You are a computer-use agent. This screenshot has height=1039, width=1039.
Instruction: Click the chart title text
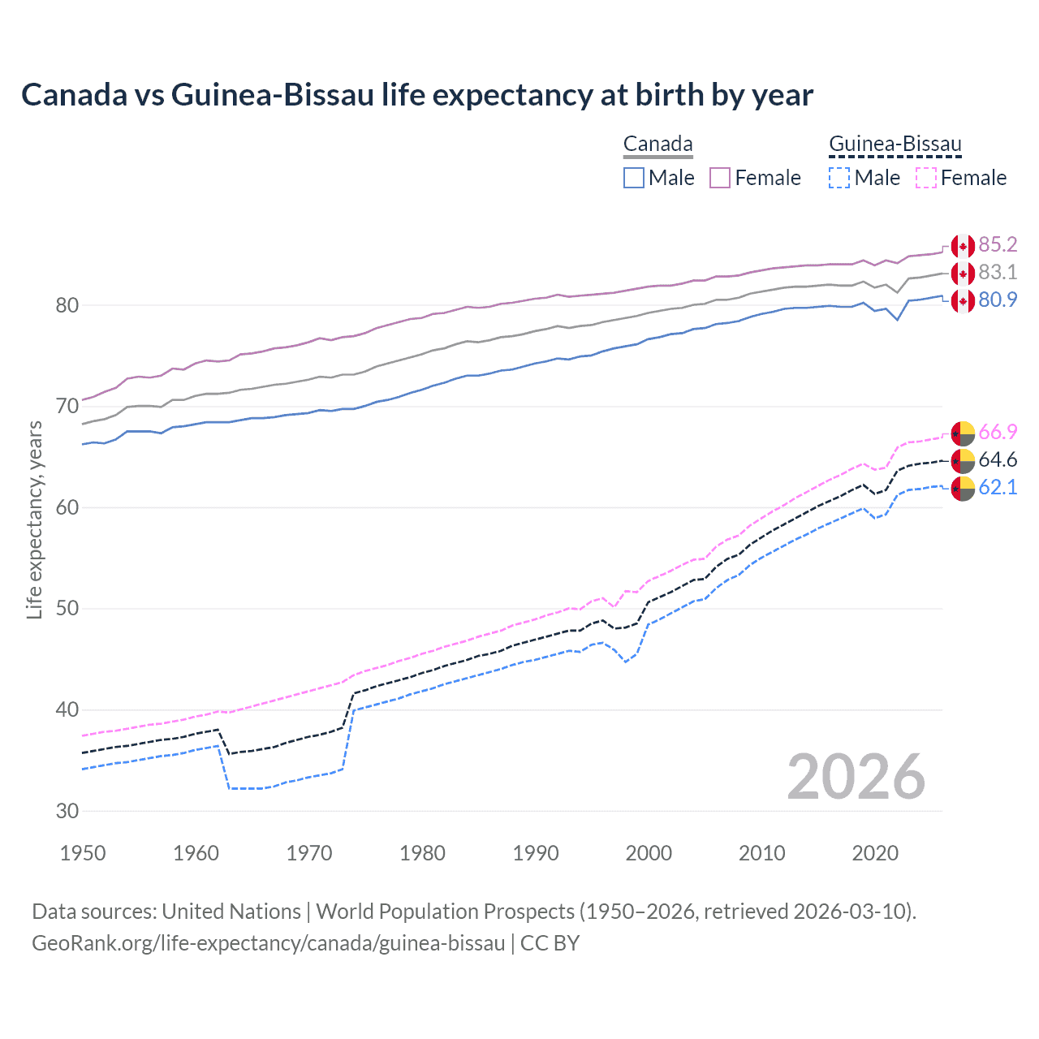(x=417, y=95)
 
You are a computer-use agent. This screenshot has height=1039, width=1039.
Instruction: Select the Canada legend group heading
(x=657, y=144)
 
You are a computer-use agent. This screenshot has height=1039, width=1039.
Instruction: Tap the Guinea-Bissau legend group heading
(x=895, y=144)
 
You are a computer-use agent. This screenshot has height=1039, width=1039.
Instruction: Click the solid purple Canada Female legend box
(x=720, y=178)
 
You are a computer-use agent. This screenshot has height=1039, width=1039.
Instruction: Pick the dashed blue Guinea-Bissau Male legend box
(x=839, y=178)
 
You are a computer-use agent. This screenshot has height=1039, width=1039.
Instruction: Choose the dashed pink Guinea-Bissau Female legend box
(x=926, y=178)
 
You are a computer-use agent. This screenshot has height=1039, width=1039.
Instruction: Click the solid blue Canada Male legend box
(x=634, y=178)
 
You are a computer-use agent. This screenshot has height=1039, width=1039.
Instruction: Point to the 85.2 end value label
(x=998, y=245)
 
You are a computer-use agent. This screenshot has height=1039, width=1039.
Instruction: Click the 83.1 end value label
(x=998, y=273)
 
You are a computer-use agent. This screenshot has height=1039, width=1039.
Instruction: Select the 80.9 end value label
(x=998, y=300)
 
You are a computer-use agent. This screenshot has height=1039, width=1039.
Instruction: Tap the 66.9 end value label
(x=998, y=432)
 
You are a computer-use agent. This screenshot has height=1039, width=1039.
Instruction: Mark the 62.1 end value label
(x=998, y=487)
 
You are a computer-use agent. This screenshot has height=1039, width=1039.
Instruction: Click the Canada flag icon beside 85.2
(x=963, y=246)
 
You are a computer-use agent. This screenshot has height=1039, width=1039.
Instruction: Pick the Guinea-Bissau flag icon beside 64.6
(x=963, y=460)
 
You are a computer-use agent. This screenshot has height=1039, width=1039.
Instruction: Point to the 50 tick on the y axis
(x=67, y=609)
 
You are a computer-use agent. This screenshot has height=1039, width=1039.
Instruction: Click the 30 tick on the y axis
(x=67, y=811)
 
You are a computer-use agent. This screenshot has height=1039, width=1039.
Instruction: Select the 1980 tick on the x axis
(x=422, y=853)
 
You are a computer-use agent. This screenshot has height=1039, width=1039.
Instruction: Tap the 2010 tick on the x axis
(x=761, y=853)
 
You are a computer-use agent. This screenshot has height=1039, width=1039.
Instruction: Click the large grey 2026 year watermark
(x=856, y=777)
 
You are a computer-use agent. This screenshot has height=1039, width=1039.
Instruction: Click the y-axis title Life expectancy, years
(x=35, y=519)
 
